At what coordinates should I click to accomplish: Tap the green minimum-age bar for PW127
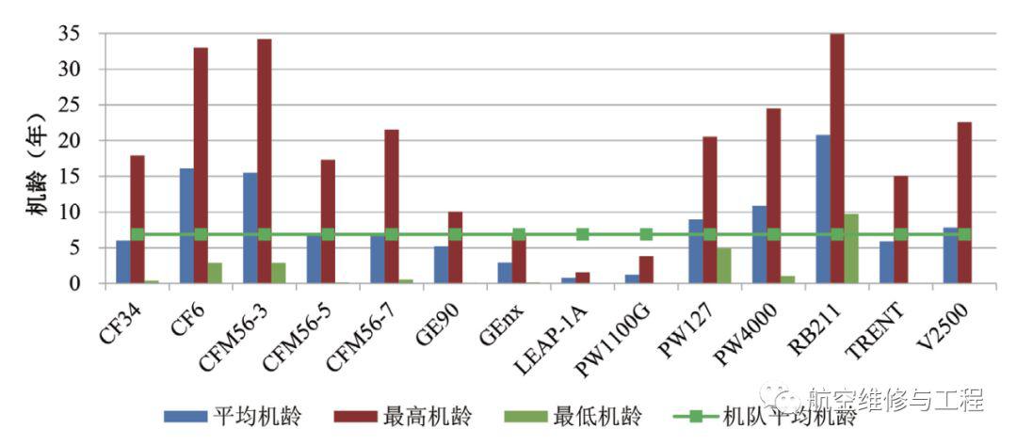pos(723,265)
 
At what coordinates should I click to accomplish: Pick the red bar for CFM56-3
pos(265,161)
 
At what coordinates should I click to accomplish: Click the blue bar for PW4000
pos(759,245)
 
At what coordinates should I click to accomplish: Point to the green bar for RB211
pos(851,248)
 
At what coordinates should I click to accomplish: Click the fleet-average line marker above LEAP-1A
pos(583,234)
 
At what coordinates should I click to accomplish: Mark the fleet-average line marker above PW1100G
pos(646,234)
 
